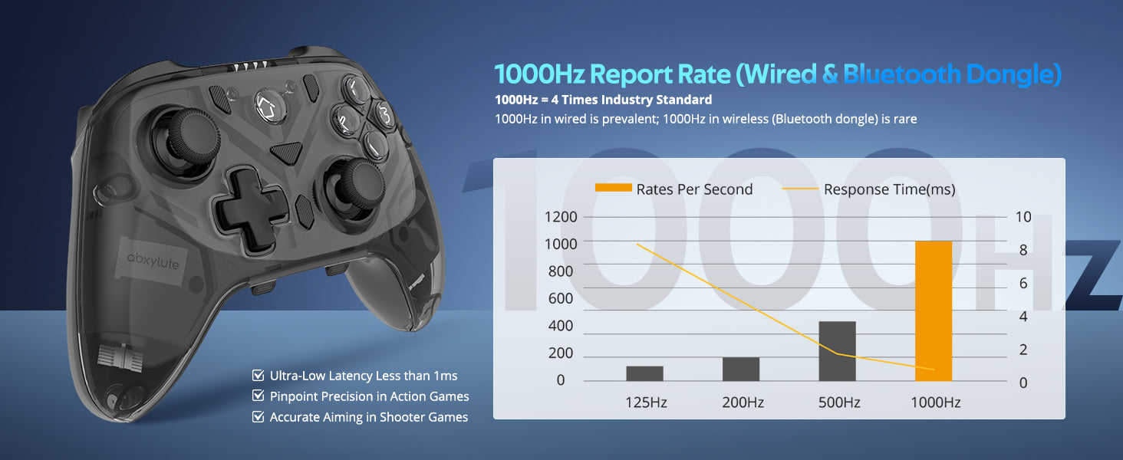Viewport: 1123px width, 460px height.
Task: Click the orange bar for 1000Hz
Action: click(x=933, y=310)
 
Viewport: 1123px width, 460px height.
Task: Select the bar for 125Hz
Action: click(x=644, y=373)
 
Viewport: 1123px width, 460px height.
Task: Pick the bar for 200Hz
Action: click(x=741, y=369)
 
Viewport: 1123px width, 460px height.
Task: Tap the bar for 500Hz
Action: click(x=837, y=351)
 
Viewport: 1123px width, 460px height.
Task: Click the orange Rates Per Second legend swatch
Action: click(x=613, y=189)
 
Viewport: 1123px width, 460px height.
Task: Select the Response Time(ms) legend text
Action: click(x=889, y=189)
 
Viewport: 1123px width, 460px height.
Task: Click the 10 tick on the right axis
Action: click(x=1023, y=216)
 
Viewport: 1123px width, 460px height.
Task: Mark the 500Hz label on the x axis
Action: click(x=838, y=402)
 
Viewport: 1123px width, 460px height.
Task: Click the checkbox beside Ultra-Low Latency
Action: click(x=258, y=376)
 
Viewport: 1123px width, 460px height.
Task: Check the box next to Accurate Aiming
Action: click(x=258, y=417)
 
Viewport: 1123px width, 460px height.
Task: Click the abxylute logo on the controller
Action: click(x=153, y=264)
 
